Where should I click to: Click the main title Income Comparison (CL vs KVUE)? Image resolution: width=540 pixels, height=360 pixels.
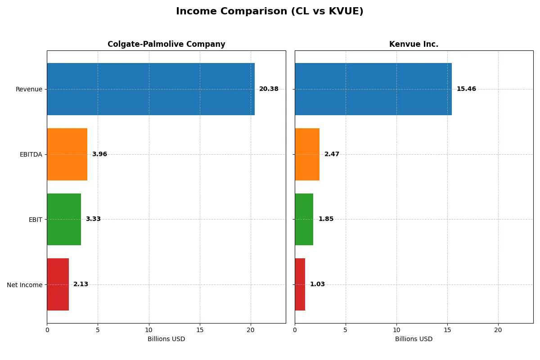tap(270, 12)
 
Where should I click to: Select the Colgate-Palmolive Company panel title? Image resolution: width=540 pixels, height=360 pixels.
tap(166, 44)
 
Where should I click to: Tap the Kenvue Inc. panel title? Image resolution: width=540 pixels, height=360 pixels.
tap(414, 44)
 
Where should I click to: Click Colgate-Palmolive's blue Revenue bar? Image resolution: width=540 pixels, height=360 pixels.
tap(151, 89)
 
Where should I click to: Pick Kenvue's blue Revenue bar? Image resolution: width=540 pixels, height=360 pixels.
tap(373, 89)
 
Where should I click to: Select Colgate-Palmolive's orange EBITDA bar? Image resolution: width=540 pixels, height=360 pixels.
tap(67, 154)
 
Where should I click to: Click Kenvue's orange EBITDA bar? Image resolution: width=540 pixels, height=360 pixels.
tap(307, 154)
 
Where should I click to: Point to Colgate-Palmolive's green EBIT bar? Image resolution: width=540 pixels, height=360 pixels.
tap(64, 219)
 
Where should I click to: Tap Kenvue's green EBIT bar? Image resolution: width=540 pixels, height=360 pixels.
tap(304, 219)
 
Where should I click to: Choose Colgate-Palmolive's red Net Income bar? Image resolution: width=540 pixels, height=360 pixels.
tap(58, 284)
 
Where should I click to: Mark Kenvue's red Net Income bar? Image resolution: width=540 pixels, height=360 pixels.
tap(300, 284)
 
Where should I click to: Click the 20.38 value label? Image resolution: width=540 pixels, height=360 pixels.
tap(269, 89)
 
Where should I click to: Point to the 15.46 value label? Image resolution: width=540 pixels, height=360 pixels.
tap(466, 89)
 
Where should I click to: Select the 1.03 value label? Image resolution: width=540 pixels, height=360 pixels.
tap(317, 284)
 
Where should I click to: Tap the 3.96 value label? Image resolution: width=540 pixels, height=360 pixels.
tap(99, 154)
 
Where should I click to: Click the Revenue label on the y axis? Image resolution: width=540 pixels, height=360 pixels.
tap(29, 89)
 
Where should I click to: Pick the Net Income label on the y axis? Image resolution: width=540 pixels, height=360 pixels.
tap(25, 285)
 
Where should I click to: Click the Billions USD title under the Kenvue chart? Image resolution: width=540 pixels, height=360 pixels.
tap(414, 339)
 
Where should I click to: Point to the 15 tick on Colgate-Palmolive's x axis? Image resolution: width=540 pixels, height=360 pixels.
tap(200, 330)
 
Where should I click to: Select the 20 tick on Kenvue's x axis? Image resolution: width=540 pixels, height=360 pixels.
tap(498, 330)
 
